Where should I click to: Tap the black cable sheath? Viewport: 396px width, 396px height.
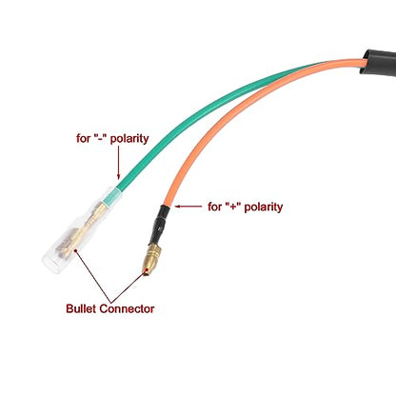point(379,63)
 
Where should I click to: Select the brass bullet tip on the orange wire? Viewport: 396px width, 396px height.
point(151,259)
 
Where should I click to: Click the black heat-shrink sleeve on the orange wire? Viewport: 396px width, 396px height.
point(158,226)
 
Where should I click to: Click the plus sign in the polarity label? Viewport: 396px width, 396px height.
point(235,207)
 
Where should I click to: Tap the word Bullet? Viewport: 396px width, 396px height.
point(81,308)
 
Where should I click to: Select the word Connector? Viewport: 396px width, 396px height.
point(127,308)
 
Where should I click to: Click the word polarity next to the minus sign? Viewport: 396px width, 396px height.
point(129,139)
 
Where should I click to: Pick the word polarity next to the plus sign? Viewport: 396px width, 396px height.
point(264,208)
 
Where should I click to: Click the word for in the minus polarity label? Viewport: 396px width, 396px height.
point(83,138)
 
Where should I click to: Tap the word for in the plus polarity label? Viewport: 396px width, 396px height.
point(215,207)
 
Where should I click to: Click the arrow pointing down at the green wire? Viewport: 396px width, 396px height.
point(119,163)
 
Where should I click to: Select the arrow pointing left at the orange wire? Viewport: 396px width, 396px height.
point(188,207)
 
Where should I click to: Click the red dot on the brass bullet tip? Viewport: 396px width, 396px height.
point(147,270)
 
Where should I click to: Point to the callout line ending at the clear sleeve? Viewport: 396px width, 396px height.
point(92,276)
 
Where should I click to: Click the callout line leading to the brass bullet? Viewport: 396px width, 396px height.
point(129,287)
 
